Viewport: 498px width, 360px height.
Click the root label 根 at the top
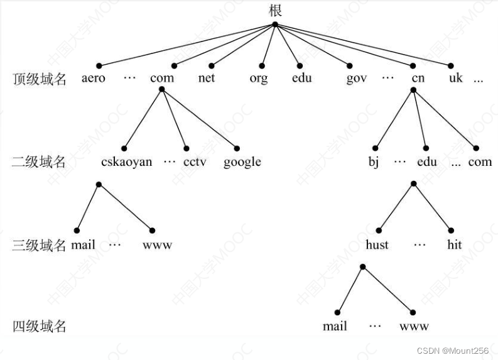point(275,10)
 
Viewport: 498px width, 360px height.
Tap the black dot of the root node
point(275,25)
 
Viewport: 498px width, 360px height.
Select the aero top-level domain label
point(94,79)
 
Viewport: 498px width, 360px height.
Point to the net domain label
point(206,79)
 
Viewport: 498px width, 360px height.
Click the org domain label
point(258,79)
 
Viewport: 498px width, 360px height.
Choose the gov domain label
point(356,79)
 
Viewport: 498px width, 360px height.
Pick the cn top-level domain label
point(418,79)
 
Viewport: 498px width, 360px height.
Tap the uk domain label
point(455,79)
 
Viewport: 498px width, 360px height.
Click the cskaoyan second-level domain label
point(126,162)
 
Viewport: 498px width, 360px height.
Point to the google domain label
point(242,162)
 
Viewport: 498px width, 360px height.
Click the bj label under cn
point(374,162)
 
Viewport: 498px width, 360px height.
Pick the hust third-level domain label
point(377,245)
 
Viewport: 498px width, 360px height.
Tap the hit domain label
point(455,245)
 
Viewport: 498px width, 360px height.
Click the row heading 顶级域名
point(39,79)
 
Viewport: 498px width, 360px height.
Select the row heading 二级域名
point(39,162)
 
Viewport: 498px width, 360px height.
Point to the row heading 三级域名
point(39,245)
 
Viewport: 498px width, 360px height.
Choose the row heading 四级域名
point(39,327)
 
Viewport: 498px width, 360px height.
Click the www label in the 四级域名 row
point(414,327)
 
